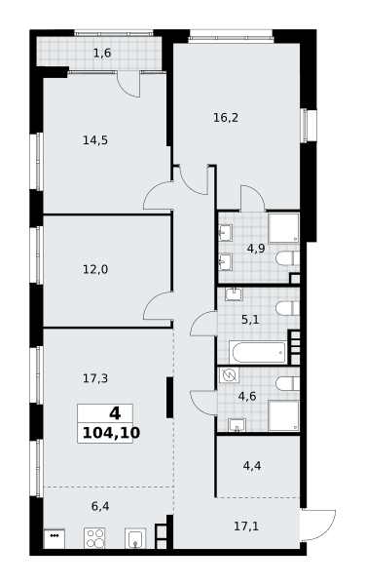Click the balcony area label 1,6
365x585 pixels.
(102, 54)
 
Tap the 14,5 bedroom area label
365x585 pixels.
(95, 140)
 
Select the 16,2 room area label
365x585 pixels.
(226, 118)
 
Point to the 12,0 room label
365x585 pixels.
(95, 269)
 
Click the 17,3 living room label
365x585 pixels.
(95, 378)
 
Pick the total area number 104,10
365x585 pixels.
(111, 433)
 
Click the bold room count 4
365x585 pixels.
(115, 413)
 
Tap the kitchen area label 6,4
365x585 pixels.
(100, 507)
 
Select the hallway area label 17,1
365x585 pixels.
(246, 526)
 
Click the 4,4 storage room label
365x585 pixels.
(252, 466)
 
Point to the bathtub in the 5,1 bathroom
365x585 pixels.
(257, 352)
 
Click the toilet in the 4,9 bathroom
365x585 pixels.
(287, 258)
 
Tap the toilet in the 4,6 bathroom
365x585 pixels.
(287, 383)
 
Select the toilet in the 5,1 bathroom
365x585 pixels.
(287, 308)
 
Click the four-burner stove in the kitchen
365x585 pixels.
(94, 538)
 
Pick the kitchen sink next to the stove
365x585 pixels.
(135, 538)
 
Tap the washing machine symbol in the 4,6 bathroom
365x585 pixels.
(229, 375)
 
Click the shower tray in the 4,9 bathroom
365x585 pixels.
(284, 228)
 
